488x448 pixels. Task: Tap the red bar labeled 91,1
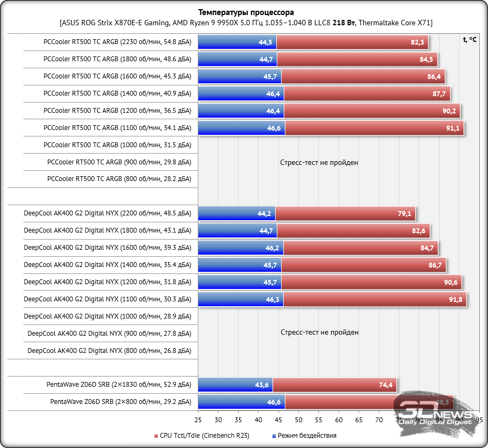[374, 128]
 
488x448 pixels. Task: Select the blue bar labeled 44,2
[236, 214]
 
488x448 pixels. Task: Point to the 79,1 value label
[404, 214]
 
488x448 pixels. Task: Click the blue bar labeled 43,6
[235, 385]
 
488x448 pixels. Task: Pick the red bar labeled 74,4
[334, 385]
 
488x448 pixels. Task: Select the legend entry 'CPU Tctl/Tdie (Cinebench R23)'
[204, 436]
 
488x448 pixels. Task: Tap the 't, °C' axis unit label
[469, 39]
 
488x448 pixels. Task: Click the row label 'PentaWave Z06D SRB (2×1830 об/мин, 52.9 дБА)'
[119, 385]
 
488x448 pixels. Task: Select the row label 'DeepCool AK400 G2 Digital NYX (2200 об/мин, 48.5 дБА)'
[107, 214]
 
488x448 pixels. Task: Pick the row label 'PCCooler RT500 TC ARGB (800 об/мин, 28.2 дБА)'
[119, 179]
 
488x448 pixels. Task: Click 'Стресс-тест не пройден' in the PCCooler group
[319, 162]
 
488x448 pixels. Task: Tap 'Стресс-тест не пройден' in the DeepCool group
[319, 333]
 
